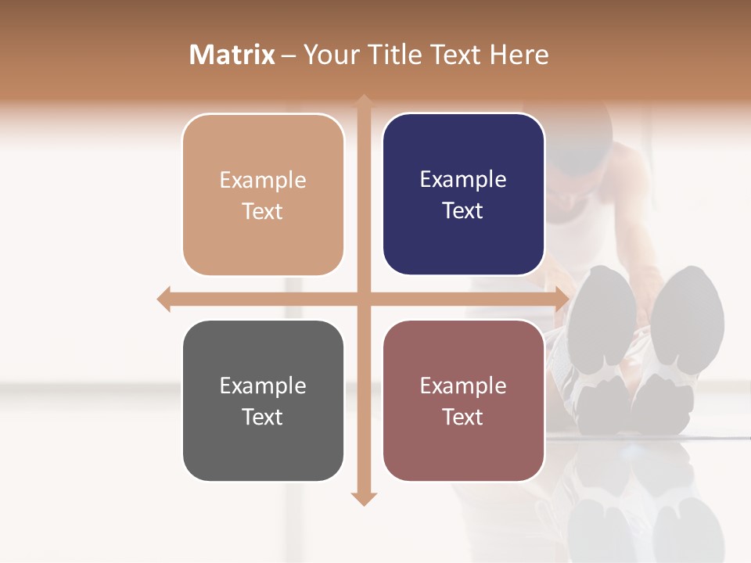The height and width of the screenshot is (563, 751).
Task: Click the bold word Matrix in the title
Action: coord(232,55)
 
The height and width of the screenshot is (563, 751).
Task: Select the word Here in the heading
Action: coord(519,55)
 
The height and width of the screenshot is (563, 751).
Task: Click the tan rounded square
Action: coord(263,195)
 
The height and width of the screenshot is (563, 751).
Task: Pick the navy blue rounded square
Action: coord(463,194)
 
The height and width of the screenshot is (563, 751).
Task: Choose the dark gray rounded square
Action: coord(263,400)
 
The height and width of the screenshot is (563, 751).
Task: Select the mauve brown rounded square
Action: coord(463,400)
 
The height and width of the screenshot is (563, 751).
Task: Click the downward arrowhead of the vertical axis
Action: coord(364,498)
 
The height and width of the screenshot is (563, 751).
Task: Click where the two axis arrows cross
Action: coord(364,299)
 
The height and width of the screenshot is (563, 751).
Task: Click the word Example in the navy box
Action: coord(463,179)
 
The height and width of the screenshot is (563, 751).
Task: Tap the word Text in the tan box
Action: coord(263,211)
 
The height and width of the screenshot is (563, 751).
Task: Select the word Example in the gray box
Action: coord(263,385)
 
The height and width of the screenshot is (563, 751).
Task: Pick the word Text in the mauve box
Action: coord(463,417)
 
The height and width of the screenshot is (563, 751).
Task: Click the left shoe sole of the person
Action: coord(601,328)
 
